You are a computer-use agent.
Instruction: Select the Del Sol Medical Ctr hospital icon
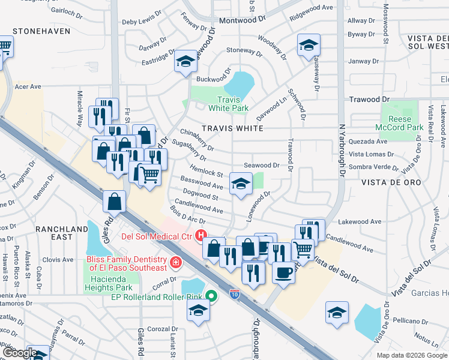(x=202, y=235)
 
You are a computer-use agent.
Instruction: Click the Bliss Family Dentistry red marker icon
(x=175, y=262)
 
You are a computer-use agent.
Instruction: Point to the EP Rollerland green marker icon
(x=211, y=296)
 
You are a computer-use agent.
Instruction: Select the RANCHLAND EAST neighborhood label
(x=62, y=233)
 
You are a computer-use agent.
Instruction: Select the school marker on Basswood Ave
(x=241, y=184)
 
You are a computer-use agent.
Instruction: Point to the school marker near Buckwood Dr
(x=186, y=61)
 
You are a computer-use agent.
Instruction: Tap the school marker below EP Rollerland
(x=197, y=311)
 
